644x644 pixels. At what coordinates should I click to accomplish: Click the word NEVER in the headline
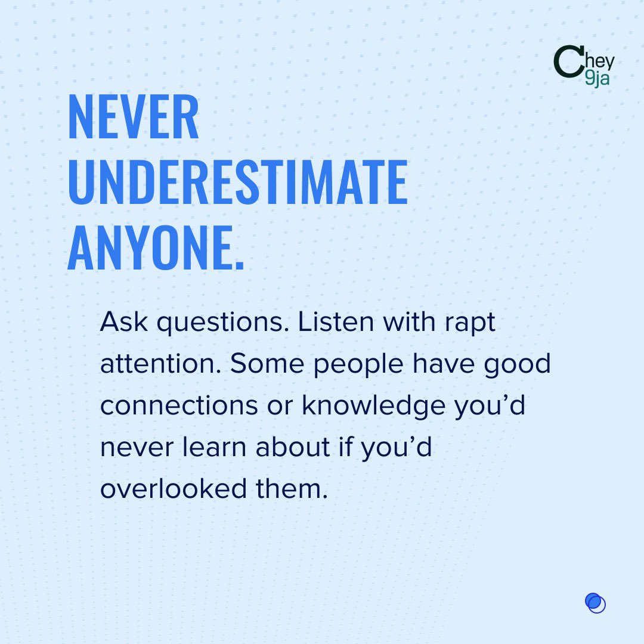[x=134, y=118]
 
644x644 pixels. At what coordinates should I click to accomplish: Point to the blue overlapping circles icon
[x=595, y=603]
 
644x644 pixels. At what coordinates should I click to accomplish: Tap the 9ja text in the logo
[x=597, y=79]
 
